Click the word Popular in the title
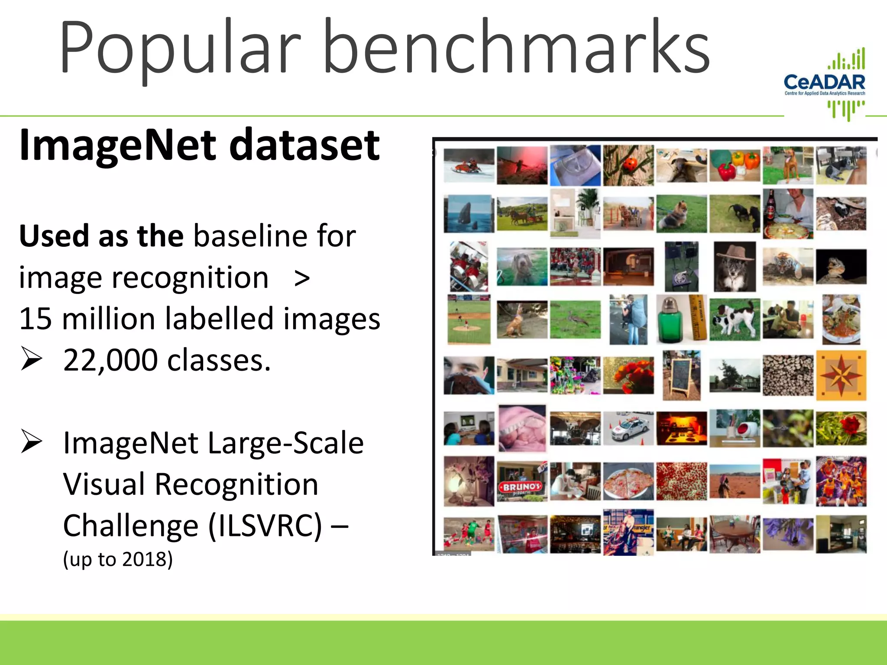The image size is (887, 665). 180,48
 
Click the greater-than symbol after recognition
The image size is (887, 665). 302,278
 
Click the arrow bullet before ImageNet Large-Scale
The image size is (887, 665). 32,442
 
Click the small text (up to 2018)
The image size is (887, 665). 118,559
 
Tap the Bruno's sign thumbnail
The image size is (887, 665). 522,481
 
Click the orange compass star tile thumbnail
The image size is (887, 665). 841,375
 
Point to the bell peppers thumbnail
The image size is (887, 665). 735,165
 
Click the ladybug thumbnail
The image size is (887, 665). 628,165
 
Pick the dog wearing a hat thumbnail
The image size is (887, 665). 735,266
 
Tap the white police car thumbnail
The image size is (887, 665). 628,428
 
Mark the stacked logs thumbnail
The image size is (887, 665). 788,375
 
